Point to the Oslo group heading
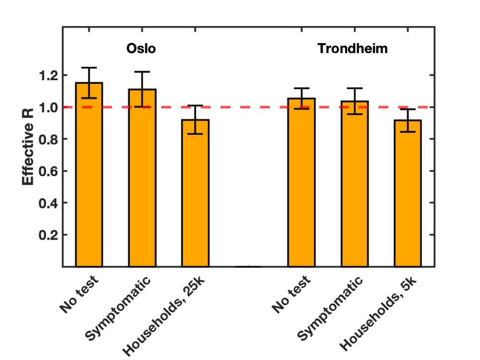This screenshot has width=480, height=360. pyautogui.click(x=141, y=49)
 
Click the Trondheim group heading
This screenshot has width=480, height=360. pyautogui.click(x=352, y=49)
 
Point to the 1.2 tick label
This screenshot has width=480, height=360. pyautogui.click(x=48, y=75)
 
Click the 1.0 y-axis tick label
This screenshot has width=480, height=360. pyautogui.click(x=48, y=108)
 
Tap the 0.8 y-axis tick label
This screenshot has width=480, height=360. pyautogui.click(x=48, y=139)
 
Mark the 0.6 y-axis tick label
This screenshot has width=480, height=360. pyautogui.click(x=48, y=171)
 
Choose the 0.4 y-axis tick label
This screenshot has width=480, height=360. pyautogui.click(x=48, y=203)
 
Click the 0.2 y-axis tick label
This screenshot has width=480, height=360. pyautogui.click(x=48, y=235)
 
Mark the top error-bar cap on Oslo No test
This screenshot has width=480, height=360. pyautogui.click(x=89, y=68)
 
